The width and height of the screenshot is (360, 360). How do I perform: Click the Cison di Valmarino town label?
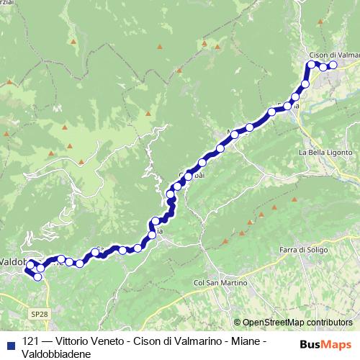(x=333, y=55)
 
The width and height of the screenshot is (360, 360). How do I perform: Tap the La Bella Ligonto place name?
(x=325, y=153)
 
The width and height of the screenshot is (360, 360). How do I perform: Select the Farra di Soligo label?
(x=302, y=249)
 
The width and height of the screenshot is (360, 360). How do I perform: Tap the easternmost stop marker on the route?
(x=333, y=66)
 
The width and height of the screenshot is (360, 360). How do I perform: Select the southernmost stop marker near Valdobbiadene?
(x=37, y=276)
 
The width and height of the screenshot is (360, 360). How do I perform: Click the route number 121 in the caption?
(x=31, y=342)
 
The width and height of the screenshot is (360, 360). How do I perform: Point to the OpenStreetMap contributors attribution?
(x=297, y=323)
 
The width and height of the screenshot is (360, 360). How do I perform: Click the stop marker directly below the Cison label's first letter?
(x=312, y=65)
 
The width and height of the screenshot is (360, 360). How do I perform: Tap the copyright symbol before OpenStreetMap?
(x=238, y=323)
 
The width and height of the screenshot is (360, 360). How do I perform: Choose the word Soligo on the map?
(x=314, y=249)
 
